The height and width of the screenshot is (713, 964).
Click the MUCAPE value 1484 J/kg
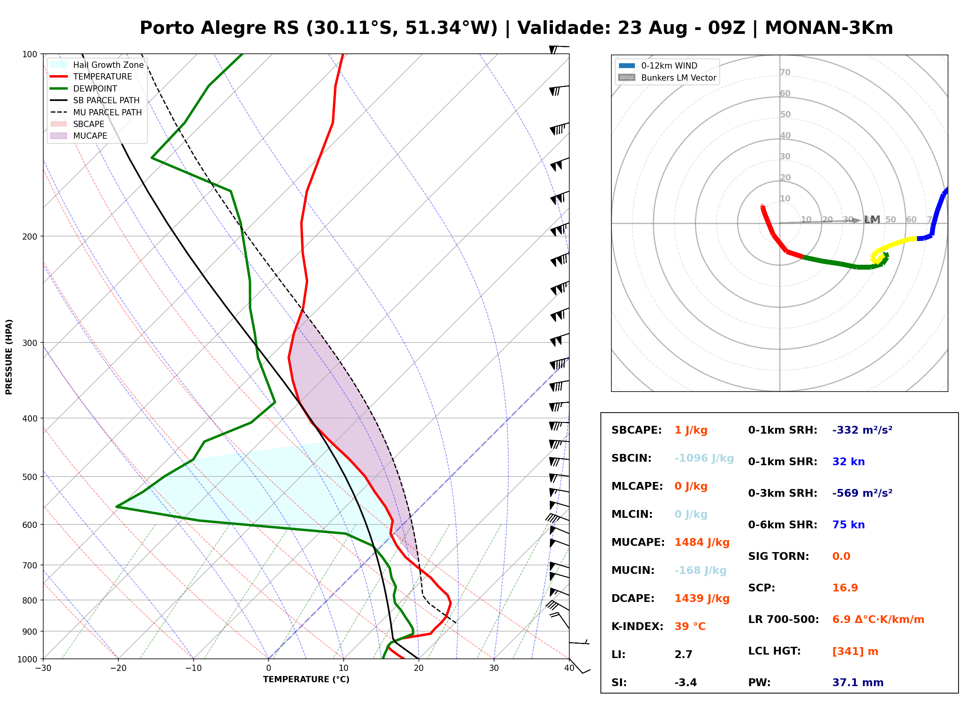click(702, 542)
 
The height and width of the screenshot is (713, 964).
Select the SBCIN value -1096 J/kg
click(704, 458)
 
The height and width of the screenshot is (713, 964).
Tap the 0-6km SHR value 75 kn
click(848, 525)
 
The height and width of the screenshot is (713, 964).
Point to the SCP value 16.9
click(845, 588)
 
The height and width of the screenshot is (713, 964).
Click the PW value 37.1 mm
click(858, 682)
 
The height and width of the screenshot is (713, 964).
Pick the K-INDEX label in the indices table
click(637, 626)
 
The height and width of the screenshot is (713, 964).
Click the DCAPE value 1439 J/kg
click(702, 598)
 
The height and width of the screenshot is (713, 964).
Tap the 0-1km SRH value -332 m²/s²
click(862, 430)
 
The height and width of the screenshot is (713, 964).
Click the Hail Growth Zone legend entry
click(97, 65)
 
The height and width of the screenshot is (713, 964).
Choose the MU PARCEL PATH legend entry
click(96, 112)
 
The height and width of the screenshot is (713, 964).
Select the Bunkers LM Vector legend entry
click(667, 78)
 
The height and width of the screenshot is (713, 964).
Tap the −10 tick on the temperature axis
click(193, 668)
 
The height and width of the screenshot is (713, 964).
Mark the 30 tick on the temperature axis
click(494, 668)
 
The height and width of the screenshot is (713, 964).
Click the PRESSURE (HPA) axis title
click(9, 357)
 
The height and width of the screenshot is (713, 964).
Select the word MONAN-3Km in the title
click(828, 28)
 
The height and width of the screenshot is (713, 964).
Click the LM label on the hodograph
click(872, 220)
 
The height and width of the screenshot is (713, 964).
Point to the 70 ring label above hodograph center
click(785, 72)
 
